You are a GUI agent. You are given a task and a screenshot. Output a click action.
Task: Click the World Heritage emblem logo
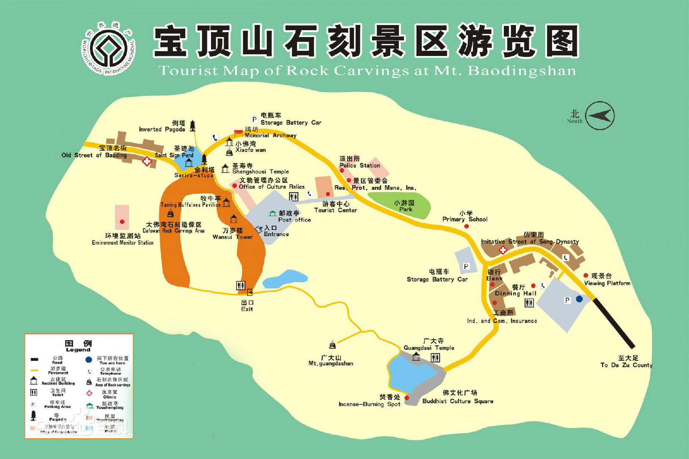[109, 48]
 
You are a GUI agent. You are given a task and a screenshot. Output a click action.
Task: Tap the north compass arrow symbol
[600, 115]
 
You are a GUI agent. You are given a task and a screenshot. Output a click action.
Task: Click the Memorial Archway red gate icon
[238, 133]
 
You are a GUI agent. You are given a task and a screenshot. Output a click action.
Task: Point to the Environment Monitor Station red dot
[122, 222]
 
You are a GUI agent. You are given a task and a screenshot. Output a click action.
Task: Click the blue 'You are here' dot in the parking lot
[579, 299]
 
